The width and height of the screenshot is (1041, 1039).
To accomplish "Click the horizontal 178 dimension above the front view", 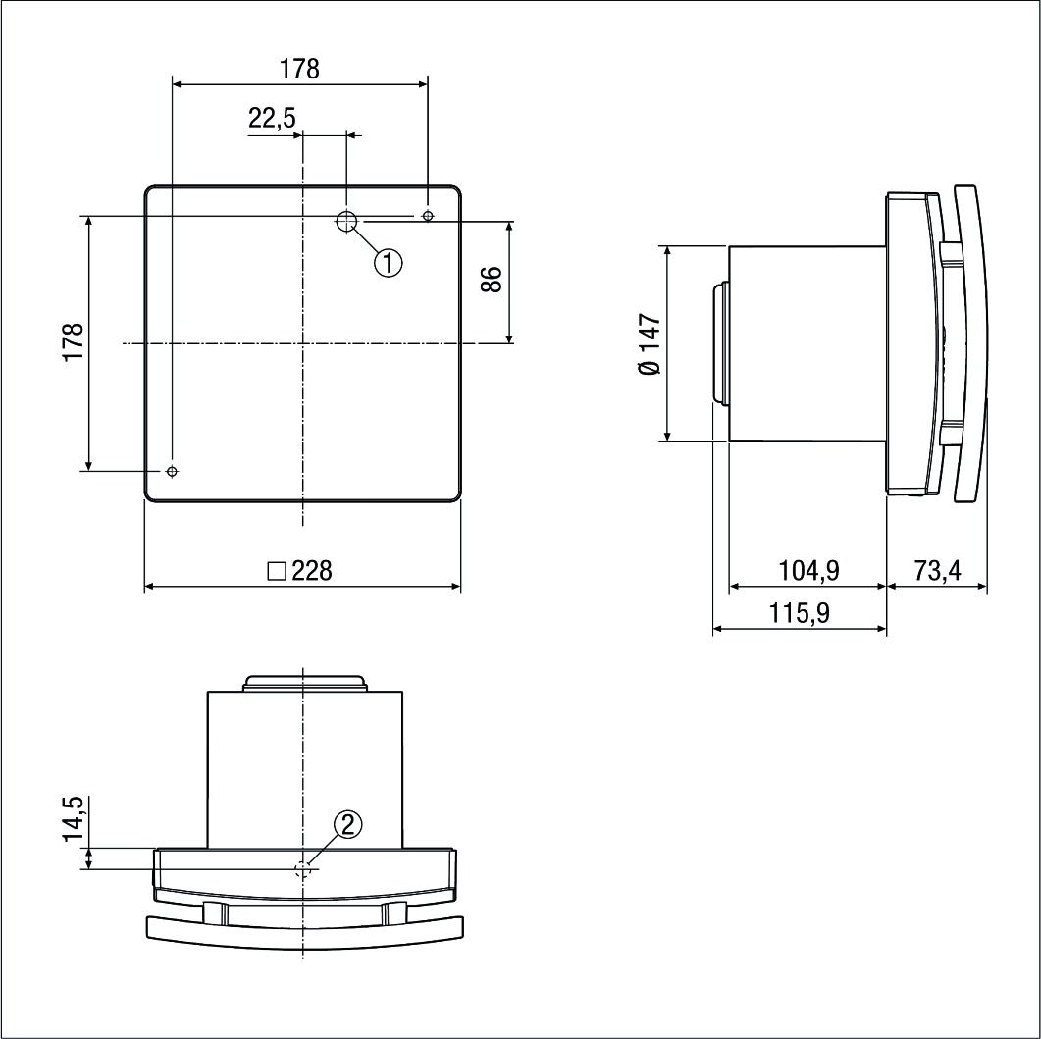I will click(299, 69).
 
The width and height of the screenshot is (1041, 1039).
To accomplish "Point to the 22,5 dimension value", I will click(272, 119).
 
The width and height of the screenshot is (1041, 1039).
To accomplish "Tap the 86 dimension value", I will click(493, 280).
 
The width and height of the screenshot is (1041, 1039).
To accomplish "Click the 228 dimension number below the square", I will click(312, 571).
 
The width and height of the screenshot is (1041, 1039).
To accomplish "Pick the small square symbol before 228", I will click(276, 571).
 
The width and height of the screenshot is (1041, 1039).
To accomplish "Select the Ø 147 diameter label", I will click(650, 343).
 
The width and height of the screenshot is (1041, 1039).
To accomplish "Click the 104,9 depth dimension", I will click(808, 570).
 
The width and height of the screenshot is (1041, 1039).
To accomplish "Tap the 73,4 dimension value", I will click(937, 570).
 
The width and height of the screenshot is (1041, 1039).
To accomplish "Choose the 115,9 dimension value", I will click(800, 613).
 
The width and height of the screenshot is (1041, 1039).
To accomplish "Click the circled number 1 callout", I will click(390, 262).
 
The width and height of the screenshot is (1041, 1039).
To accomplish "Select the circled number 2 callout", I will click(347, 825).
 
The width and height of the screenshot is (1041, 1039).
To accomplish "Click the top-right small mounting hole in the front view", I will click(427, 216).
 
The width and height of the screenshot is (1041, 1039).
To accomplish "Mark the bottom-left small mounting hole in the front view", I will click(173, 472).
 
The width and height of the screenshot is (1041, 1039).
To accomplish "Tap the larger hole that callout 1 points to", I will click(346, 222).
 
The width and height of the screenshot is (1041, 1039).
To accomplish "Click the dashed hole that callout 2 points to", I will click(305, 868).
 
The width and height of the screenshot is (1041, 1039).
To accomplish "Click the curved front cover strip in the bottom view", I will click(304, 932).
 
